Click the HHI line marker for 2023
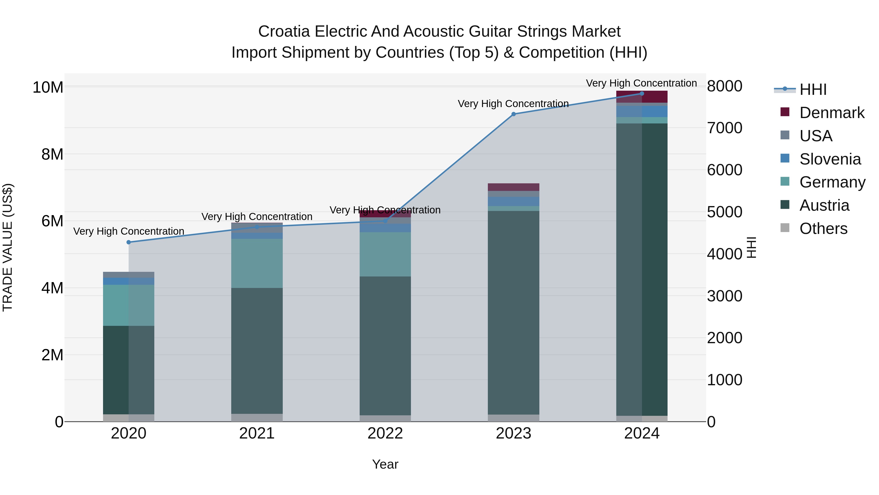(513, 114)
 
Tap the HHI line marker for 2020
(129, 242)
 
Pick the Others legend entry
(823, 229)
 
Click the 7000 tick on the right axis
(724, 128)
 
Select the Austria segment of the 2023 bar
(513, 313)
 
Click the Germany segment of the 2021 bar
(257, 263)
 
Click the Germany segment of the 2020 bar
(129, 305)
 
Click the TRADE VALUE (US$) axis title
(8, 247)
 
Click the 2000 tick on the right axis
(724, 338)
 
